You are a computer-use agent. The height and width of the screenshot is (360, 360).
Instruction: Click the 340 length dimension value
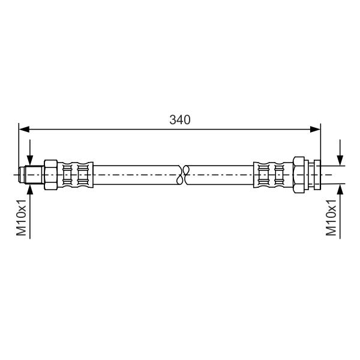[x=180, y=119]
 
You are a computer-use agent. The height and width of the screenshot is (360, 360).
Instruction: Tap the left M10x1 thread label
[x=22, y=217]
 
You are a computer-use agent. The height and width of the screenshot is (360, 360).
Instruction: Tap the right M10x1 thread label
[x=331, y=217]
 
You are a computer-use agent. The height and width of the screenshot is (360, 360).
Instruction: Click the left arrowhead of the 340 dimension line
[x=24, y=129]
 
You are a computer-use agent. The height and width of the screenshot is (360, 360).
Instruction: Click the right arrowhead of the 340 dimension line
[x=315, y=129]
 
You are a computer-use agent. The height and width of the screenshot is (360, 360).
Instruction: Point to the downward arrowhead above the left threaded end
[x=30, y=160]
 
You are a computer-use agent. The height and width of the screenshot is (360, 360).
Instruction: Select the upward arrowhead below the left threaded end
[x=30, y=189]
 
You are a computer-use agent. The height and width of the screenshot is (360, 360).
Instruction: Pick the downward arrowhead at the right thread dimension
[x=340, y=160]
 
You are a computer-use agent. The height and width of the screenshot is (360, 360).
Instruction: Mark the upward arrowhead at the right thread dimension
[x=340, y=189]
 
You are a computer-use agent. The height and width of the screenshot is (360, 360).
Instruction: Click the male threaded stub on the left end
[x=34, y=175]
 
